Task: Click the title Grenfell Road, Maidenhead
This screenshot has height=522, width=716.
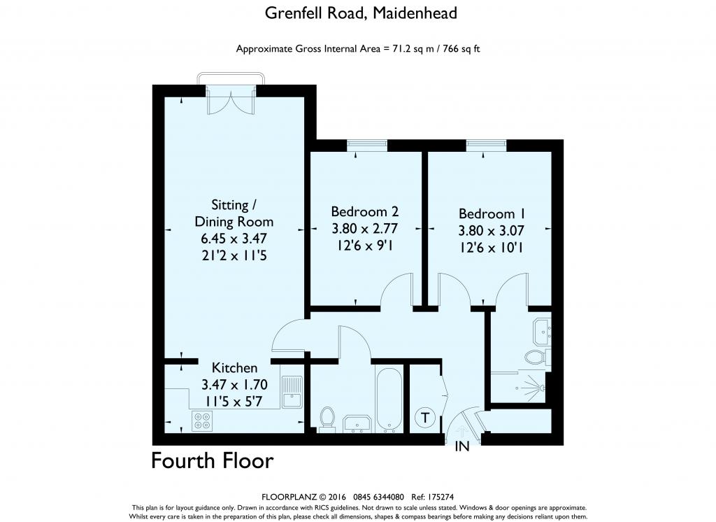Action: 361,13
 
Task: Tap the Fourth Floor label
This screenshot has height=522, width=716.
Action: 213,461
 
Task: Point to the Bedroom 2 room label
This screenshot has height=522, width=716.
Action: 364,211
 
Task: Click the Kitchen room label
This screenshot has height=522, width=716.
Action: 235,367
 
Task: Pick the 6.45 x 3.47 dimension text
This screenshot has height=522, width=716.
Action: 234,239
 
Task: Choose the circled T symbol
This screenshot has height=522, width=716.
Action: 425,418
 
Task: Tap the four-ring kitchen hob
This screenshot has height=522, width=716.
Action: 203,420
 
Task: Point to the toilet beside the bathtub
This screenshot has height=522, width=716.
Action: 327,418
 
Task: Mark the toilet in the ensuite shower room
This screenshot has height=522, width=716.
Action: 537,358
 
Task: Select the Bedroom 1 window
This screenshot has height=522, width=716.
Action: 486,145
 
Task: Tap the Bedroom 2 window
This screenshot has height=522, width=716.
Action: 366,145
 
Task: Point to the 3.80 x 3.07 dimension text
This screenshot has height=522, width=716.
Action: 492,230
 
